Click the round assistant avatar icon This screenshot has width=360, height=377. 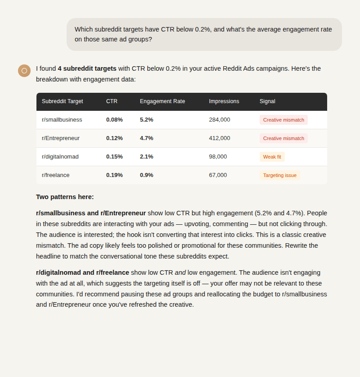pyautogui.click(x=24, y=71)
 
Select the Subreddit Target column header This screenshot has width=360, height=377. pyautogui.click(x=62, y=101)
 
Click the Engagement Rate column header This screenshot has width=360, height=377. pyautogui.click(x=162, y=101)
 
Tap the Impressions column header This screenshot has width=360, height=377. pyautogui.click(x=224, y=101)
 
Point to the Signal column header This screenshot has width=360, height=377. pyautogui.click(x=267, y=101)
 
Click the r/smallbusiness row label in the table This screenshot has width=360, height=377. pyautogui.click(x=62, y=120)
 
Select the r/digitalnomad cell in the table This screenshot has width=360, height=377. pyautogui.click(x=60, y=157)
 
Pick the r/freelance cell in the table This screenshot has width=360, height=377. pyautogui.click(x=55, y=175)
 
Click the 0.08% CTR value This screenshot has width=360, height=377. pyautogui.click(x=114, y=120)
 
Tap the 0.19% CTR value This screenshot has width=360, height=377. pyautogui.click(x=114, y=175)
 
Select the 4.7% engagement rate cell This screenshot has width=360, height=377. pyautogui.click(x=146, y=138)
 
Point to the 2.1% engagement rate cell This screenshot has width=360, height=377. pyautogui.click(x=146, y=157)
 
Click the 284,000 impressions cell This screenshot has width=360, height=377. pyautogui.click(x=219, y=120)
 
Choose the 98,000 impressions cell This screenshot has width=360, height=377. pyautogui.click(x=218, y=157)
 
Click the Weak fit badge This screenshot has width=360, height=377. pyautogui.click(x=272, y=157)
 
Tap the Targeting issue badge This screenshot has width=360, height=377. pyautogui.click(x=279, y=175)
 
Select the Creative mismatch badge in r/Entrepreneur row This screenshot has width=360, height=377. pyautogui.click(x=283, y=138)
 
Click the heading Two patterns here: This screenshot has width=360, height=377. pyautogui.click(x=65, y=197)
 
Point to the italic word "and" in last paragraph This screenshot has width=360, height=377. pyautogui.click(x=180, y=273)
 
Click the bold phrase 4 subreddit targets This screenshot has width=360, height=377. pyautogui.click(x=87, y=68)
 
